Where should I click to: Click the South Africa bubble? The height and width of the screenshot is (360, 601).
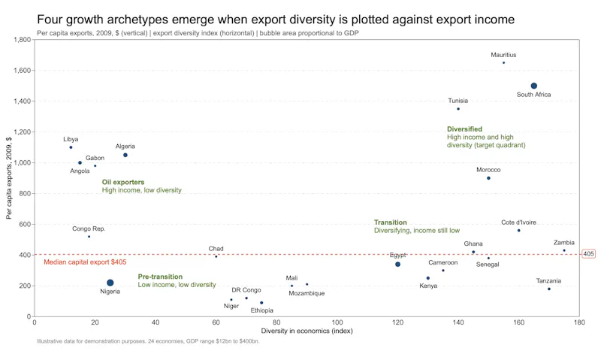click(x=534, y=86)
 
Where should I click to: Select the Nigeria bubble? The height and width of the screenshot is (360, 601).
click(x=110, y=283)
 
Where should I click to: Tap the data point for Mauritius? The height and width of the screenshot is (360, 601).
click(x=503, y=63)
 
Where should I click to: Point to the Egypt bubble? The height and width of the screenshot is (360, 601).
click(x=397, y=264)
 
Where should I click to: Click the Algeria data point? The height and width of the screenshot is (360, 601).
click(x=125, y=156)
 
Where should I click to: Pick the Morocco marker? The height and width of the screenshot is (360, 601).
click(x=488, y=178)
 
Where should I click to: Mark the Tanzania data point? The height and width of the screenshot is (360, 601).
click(x=549, y=289)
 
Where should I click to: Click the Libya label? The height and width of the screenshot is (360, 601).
click(x=71, y=139)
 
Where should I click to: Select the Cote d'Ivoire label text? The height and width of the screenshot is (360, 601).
click(x=518, y=222)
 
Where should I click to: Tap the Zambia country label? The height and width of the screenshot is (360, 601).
click(x=564, y=243)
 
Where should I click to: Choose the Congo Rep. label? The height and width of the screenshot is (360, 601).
click(x=89, y=229)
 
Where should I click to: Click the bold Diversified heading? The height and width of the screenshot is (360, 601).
click(x=464, y=129)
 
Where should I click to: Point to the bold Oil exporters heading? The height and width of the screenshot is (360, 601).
click(x=123, y=182)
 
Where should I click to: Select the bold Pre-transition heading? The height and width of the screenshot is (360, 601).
click(x=160, y=277)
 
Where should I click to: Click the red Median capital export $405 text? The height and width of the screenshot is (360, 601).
click(x=85, y=262)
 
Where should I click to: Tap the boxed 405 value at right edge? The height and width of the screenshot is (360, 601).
click(x=588, y=254)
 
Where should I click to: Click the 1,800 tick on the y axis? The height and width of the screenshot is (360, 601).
click(x=23, y=40)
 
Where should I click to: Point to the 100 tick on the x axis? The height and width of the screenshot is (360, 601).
click(x=337, y=322)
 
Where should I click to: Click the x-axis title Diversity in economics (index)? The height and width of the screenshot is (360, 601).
click(x=307, y=331)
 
